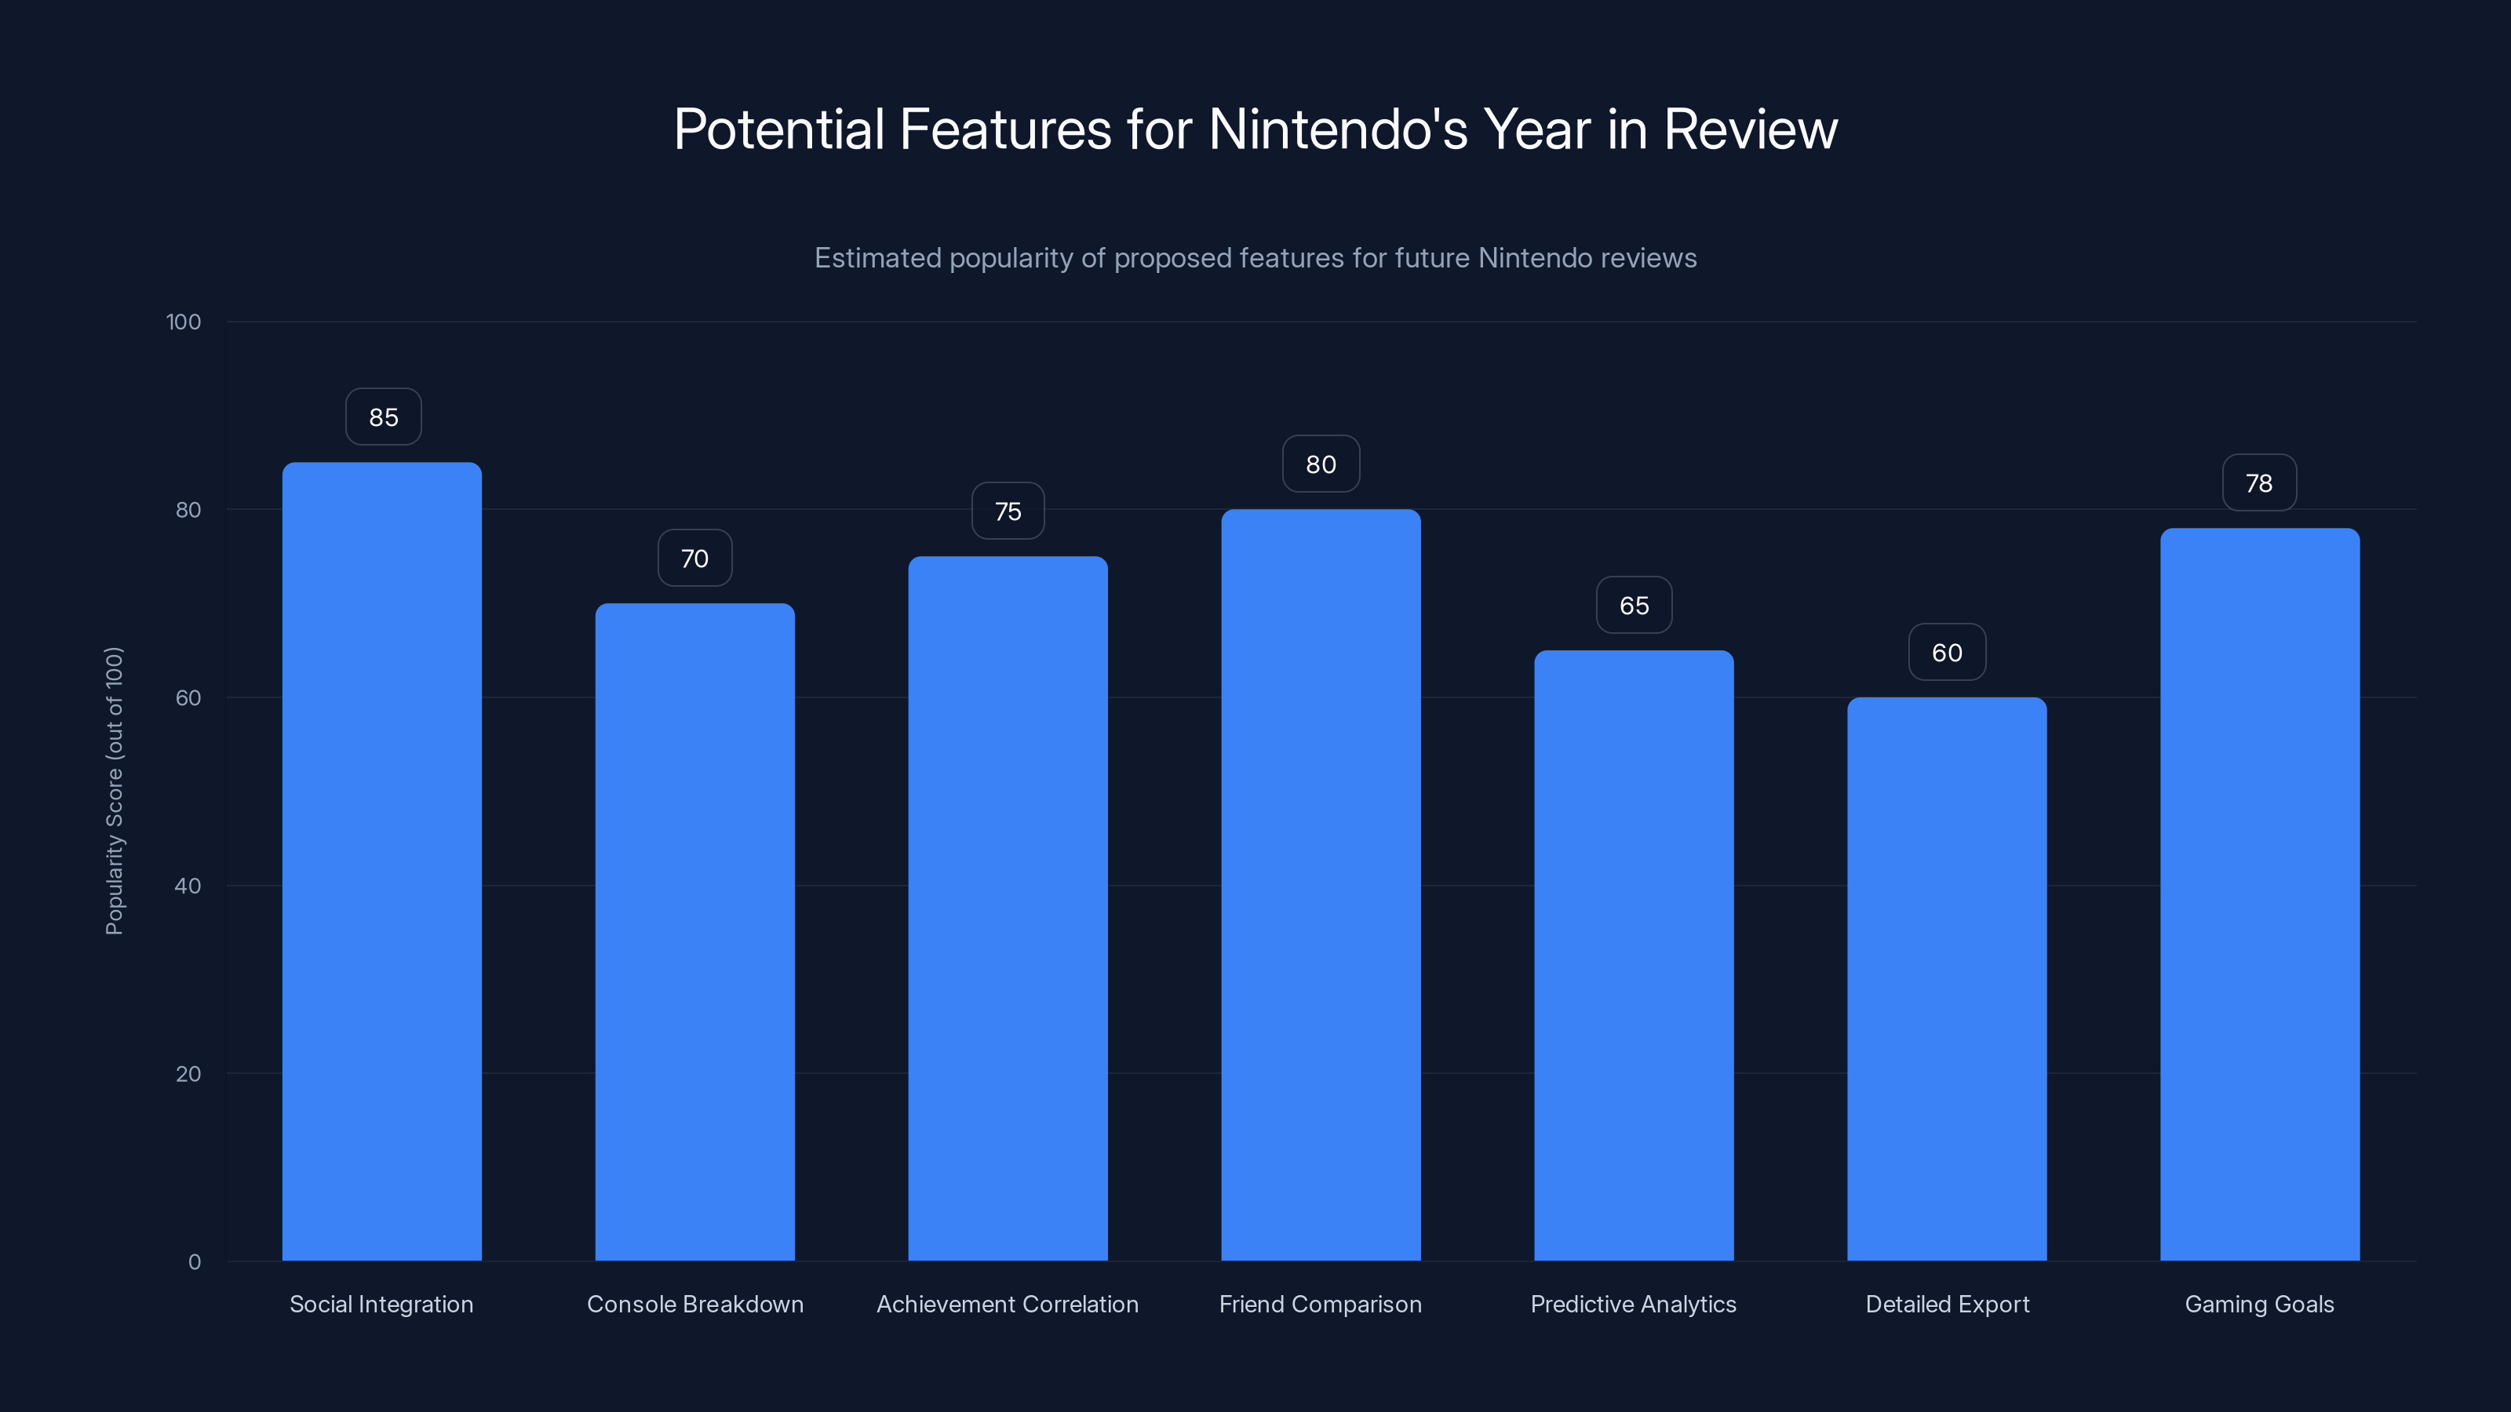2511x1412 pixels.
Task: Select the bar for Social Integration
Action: point(382,861)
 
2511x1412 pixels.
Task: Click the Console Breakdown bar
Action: point(695,932)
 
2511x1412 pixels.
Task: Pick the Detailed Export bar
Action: point(1947,978)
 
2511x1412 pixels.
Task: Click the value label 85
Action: point(383,417)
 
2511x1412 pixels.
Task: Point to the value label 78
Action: point(2258,483)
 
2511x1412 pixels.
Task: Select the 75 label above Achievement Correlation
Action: point(1008,511)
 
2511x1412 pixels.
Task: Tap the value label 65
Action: point(1634,605)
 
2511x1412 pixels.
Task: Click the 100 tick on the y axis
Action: point(184,322)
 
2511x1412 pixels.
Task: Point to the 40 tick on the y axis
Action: point(188,886)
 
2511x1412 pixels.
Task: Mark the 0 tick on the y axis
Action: point(195,1262)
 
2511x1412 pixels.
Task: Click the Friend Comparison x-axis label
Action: point(1320,1304)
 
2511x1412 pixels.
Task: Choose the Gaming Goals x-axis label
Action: point(2258,1304)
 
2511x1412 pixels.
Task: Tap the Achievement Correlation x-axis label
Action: point(1007,1304)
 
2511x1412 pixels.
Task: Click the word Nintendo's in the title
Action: point(1337,129)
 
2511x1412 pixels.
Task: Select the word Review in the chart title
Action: point(1750,129)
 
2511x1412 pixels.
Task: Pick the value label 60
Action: point(1947,653)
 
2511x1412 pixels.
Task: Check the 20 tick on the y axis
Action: point(188,1074)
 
